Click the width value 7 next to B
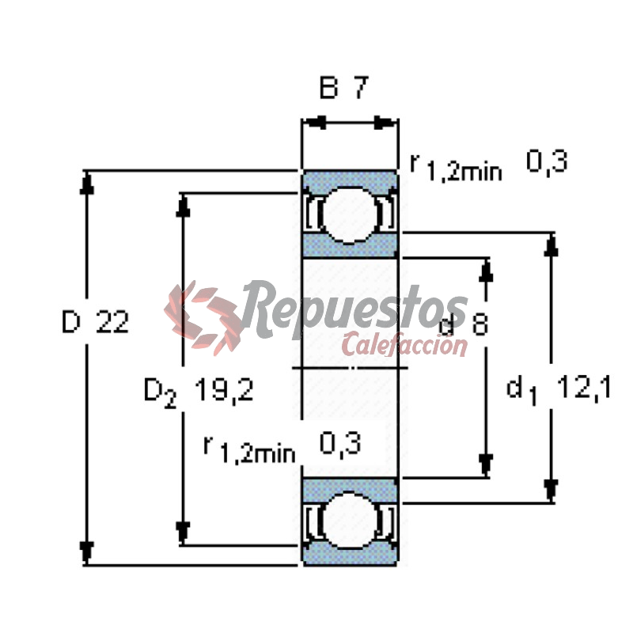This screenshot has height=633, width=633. coord(362,87)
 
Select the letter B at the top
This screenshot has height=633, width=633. coord(328,87)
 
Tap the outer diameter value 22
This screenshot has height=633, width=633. coord(112,322)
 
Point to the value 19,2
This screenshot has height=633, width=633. coord(224,389)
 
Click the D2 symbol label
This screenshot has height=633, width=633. coord(161,392)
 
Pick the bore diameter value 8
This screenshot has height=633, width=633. coord(480,324)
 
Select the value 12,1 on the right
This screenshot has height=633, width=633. coord(584,388)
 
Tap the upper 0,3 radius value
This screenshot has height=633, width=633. coord(547,161)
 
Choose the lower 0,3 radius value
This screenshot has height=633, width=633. coord(340,443)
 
